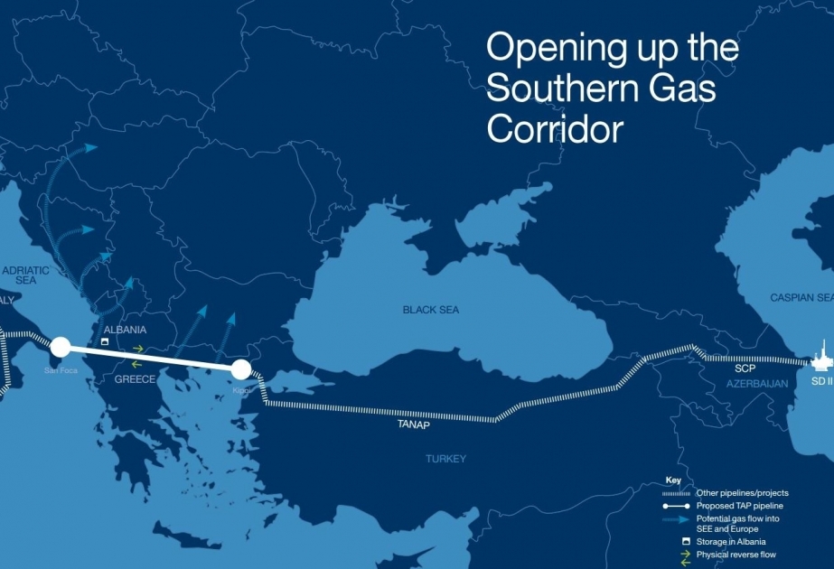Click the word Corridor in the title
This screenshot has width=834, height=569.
click(x=555, y=129)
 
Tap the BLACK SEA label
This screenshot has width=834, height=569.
click(x=430, y=310)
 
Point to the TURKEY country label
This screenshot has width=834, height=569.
click(x=445, y=459)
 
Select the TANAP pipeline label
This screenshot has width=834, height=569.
click(x=412, y=424)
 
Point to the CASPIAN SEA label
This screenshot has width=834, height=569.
click(x=801, y=297)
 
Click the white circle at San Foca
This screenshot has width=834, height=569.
click(x=61, y=346)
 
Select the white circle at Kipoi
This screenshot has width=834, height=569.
click(x=240, y=368)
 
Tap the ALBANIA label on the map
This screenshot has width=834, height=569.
click(x=125, y=331)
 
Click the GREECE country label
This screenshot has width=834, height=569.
click(x=135, y=379)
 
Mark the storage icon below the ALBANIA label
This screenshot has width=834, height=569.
click(x=105, y=343)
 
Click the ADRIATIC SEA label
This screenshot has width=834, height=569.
click(x=24, y=275)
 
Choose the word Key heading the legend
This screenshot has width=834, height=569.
click(x=673, y=480)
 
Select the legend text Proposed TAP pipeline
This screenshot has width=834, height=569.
click(x=740, y=506)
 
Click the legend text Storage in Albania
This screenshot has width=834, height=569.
click(x=736, y=541)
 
